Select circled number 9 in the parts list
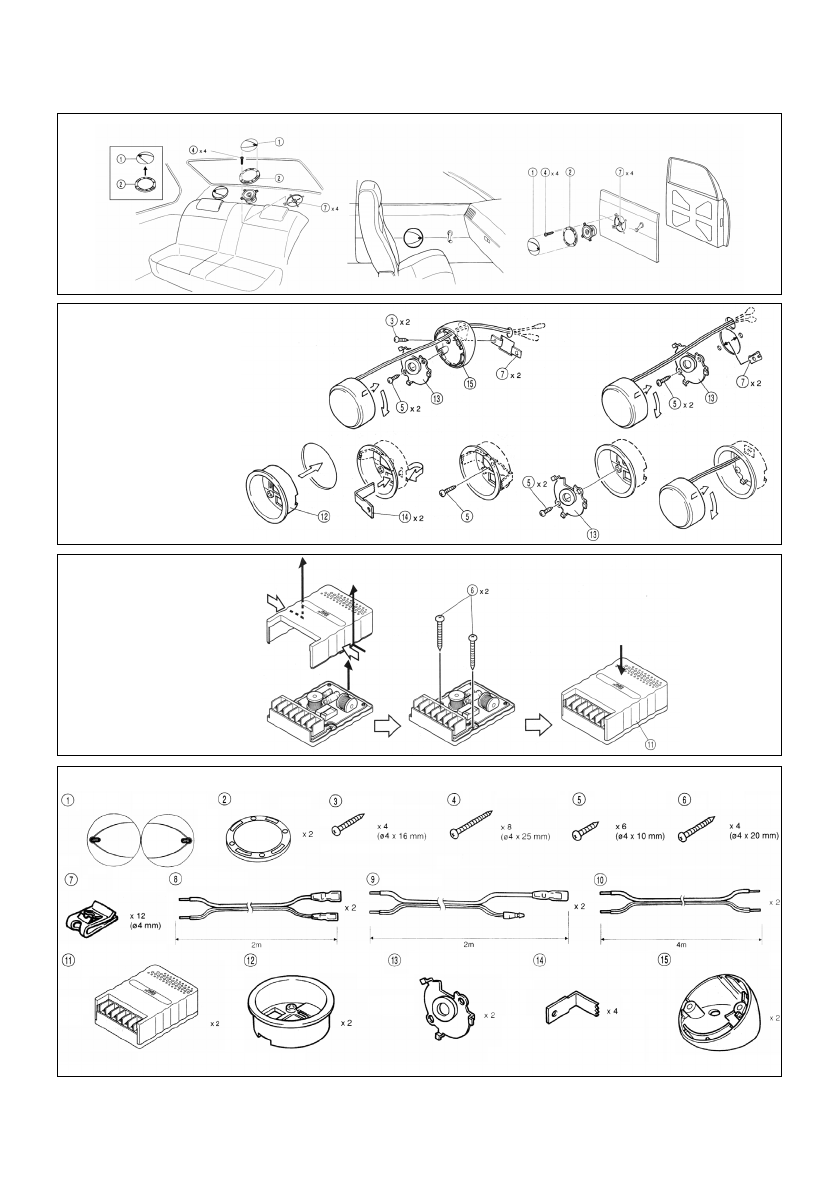[375, 880]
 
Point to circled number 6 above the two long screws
[470, 591]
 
